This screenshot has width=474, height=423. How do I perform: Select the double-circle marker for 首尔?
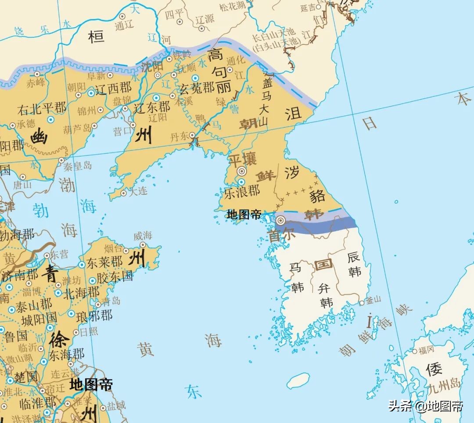pos(280,220)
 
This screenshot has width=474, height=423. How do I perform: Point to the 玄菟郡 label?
pos(198,88)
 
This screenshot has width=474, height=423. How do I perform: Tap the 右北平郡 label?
pos(42,108)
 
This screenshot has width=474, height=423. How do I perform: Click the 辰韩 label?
pos(354,264)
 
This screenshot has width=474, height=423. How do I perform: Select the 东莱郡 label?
pos(104,262)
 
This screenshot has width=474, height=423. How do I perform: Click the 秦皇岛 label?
pos(78,166)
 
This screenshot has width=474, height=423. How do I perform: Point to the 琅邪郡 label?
pos(94,315)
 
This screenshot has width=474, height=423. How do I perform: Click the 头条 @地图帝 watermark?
pos(425,406)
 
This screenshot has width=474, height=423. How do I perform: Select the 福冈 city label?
pos(426,350)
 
